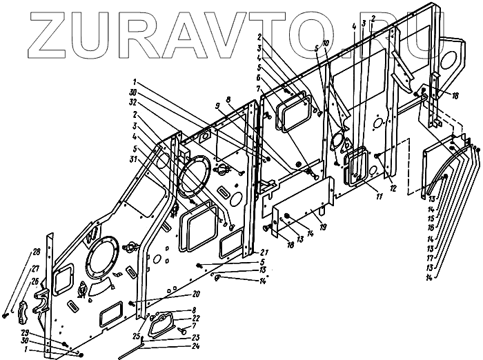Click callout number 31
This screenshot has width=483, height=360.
point(144,159)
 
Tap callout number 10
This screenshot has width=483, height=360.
point(324,43)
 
